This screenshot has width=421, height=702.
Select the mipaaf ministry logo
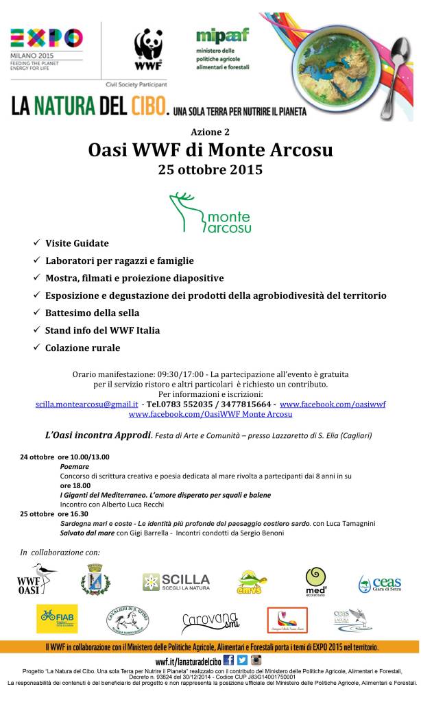222,49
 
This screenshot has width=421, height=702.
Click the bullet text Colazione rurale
82,348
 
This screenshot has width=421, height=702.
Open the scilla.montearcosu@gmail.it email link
86,404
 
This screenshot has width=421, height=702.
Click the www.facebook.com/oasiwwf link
333,404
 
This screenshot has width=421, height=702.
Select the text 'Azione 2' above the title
210,131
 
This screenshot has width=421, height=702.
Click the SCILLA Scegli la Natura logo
176,583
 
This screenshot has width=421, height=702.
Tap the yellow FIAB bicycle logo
57,618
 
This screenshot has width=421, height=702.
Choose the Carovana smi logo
210,620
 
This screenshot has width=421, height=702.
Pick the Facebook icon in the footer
229,659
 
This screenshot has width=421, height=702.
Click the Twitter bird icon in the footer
243,659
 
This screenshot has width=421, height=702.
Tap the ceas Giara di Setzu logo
379,583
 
